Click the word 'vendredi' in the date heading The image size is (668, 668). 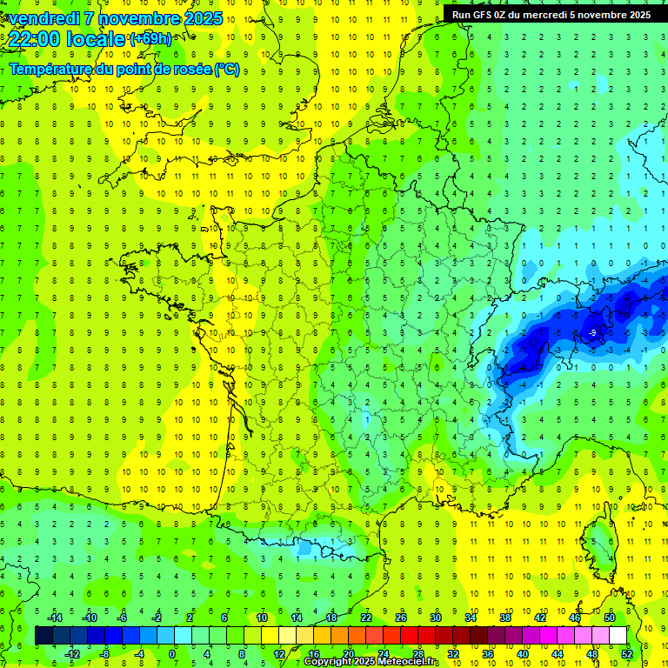coord(40,18)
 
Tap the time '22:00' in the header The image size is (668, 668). coord(34,39)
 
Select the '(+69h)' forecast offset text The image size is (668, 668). coord(150,39)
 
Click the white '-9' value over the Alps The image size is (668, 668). coord(591,332)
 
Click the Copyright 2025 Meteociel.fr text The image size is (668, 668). coord(371,662)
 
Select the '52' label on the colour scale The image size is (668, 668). coord(627,653)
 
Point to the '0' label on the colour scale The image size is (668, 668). coord(171,653)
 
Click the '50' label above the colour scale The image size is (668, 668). coord(610,618)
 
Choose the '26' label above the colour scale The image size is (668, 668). coord(401,618)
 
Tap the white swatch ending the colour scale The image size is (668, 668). coord(618,636)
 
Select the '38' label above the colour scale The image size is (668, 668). coord(505,618)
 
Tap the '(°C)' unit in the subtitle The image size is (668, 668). coord(227,69)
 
